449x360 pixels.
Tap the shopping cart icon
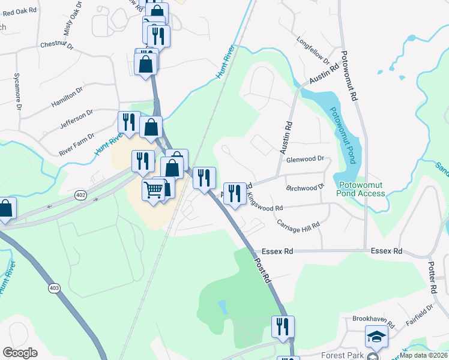(x=154, y=190)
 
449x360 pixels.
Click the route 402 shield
(x=81, y=195)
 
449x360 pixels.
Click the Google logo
(x=20, y=353)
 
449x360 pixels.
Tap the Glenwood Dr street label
(x=305, y=160)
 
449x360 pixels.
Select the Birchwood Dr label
(x=305, y=188)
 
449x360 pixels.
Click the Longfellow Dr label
(x=314, y=49)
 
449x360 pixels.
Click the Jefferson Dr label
(x=77, y=118)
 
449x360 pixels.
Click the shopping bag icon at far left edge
(x=5, y=208)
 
